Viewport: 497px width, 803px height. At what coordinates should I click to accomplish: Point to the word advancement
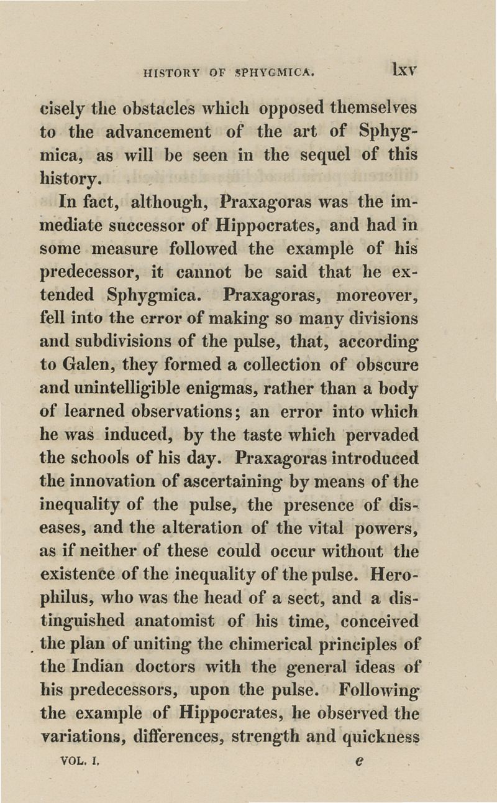click(x=155, y=132)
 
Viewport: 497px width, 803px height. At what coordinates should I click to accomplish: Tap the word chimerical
click(x=263, y=644)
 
